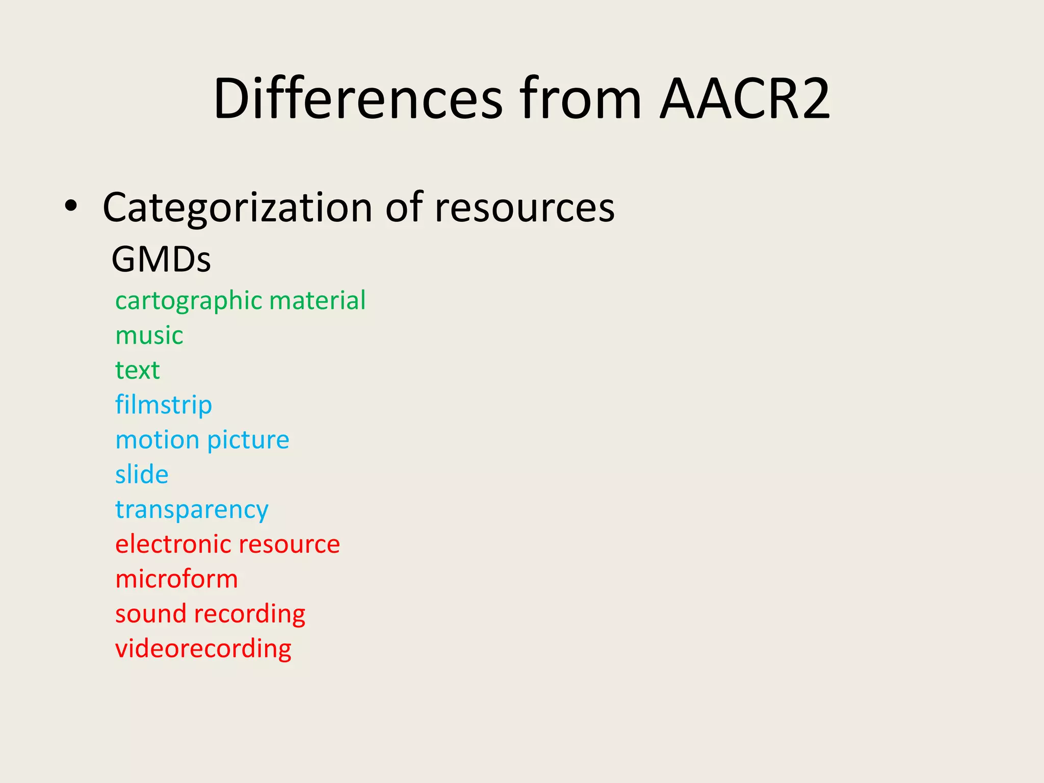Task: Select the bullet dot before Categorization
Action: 71,206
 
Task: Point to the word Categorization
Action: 238,208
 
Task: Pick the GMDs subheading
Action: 161,259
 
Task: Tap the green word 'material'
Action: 317,300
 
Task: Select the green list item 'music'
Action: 149,335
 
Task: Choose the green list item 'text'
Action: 137,370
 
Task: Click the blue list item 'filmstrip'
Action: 163,405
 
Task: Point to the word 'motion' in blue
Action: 157,440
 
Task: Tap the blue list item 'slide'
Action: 142,475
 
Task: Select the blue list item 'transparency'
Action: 192,510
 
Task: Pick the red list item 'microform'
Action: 176,579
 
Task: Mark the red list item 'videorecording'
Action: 203,649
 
